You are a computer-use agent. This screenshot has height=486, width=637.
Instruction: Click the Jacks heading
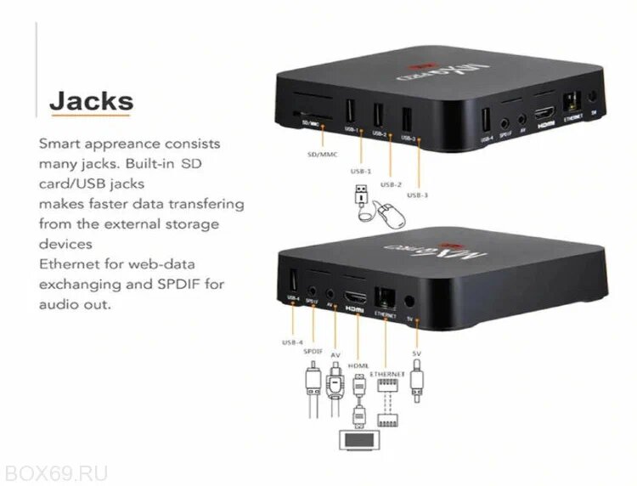click(91, 102)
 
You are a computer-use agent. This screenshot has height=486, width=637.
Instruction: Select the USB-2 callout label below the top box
click(391, 184)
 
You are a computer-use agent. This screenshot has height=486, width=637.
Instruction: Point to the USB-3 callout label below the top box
click(418, 195)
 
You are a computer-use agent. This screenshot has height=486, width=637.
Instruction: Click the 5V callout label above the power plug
click(416, 352)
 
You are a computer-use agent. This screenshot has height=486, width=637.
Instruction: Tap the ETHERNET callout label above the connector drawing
click(387, 374)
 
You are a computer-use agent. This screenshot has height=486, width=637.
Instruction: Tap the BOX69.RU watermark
click(55, 472)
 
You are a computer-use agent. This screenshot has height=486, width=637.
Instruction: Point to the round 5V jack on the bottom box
click(413, 300)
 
